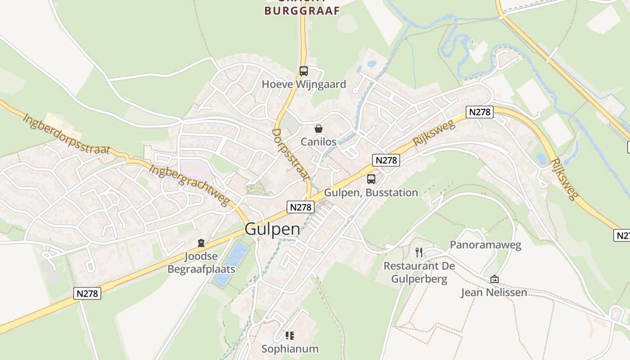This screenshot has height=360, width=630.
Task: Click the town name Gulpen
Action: (272, 229)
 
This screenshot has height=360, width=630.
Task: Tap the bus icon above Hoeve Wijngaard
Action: (304, 71)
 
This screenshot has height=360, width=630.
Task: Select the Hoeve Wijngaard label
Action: (304, 84)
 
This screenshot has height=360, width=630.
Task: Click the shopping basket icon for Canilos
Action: (319, 129)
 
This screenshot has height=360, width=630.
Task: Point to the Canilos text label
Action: (319, 142)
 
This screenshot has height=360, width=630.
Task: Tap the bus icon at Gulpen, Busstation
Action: (371, 179)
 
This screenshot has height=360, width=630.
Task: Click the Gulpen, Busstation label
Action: (371, 193)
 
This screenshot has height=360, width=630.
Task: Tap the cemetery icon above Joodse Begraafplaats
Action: (201, 243)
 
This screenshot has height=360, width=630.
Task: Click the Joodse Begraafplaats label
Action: (201, 263)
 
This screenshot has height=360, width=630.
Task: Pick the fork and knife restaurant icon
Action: (419, 252)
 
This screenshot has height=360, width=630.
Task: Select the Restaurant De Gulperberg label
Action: (419, 272)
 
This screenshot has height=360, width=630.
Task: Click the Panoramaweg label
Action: (486, 245)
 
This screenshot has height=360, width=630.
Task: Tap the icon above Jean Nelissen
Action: (494, 279)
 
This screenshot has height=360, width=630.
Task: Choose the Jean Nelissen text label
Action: (494, 292)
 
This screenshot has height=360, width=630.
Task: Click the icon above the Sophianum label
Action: (290, 336)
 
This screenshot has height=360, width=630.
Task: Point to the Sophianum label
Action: (290, 349)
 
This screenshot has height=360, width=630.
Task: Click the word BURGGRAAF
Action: (301, 11)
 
